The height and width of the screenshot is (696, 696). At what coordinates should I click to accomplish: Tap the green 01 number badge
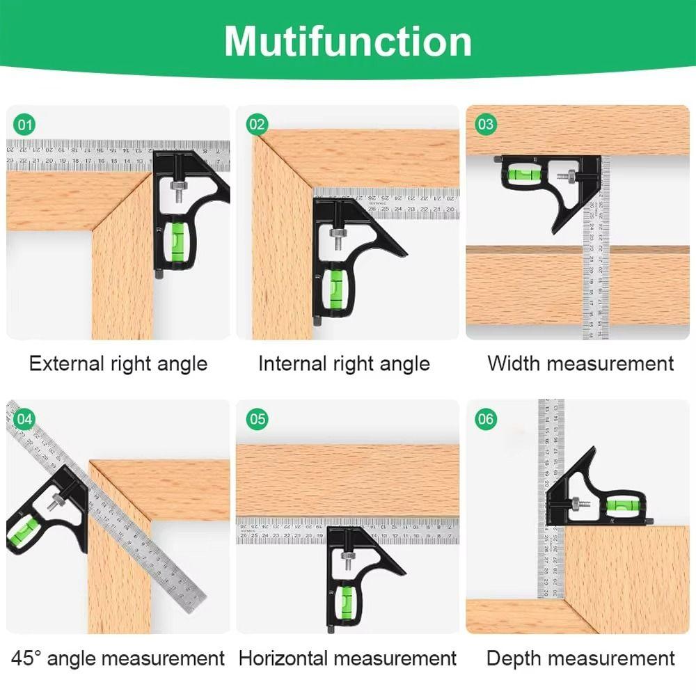click(x=25, y=125)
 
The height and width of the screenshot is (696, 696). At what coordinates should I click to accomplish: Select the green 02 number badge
click(x=257, y=125)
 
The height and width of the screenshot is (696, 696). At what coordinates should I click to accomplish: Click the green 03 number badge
click(x=485, y=125)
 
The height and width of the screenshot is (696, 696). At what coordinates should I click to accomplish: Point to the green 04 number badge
click(x=25, y=419)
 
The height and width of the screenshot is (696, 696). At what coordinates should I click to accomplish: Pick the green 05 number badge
click(x=257, y=419)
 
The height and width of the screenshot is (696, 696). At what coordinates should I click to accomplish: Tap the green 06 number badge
click(x=485, y=419)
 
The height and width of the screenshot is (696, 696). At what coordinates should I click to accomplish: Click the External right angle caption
click(x=118, y=363)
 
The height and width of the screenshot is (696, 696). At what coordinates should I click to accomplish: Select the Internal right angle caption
click(x=344, y=363)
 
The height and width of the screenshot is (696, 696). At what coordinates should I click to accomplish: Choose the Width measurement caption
click(x=580, y=363)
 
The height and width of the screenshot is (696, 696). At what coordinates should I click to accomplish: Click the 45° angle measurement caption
click(x=118, y=658)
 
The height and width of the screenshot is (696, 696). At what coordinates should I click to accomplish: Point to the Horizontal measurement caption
click(x=347, y=658)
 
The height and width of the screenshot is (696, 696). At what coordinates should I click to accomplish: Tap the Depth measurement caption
click(x=580, y=658)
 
